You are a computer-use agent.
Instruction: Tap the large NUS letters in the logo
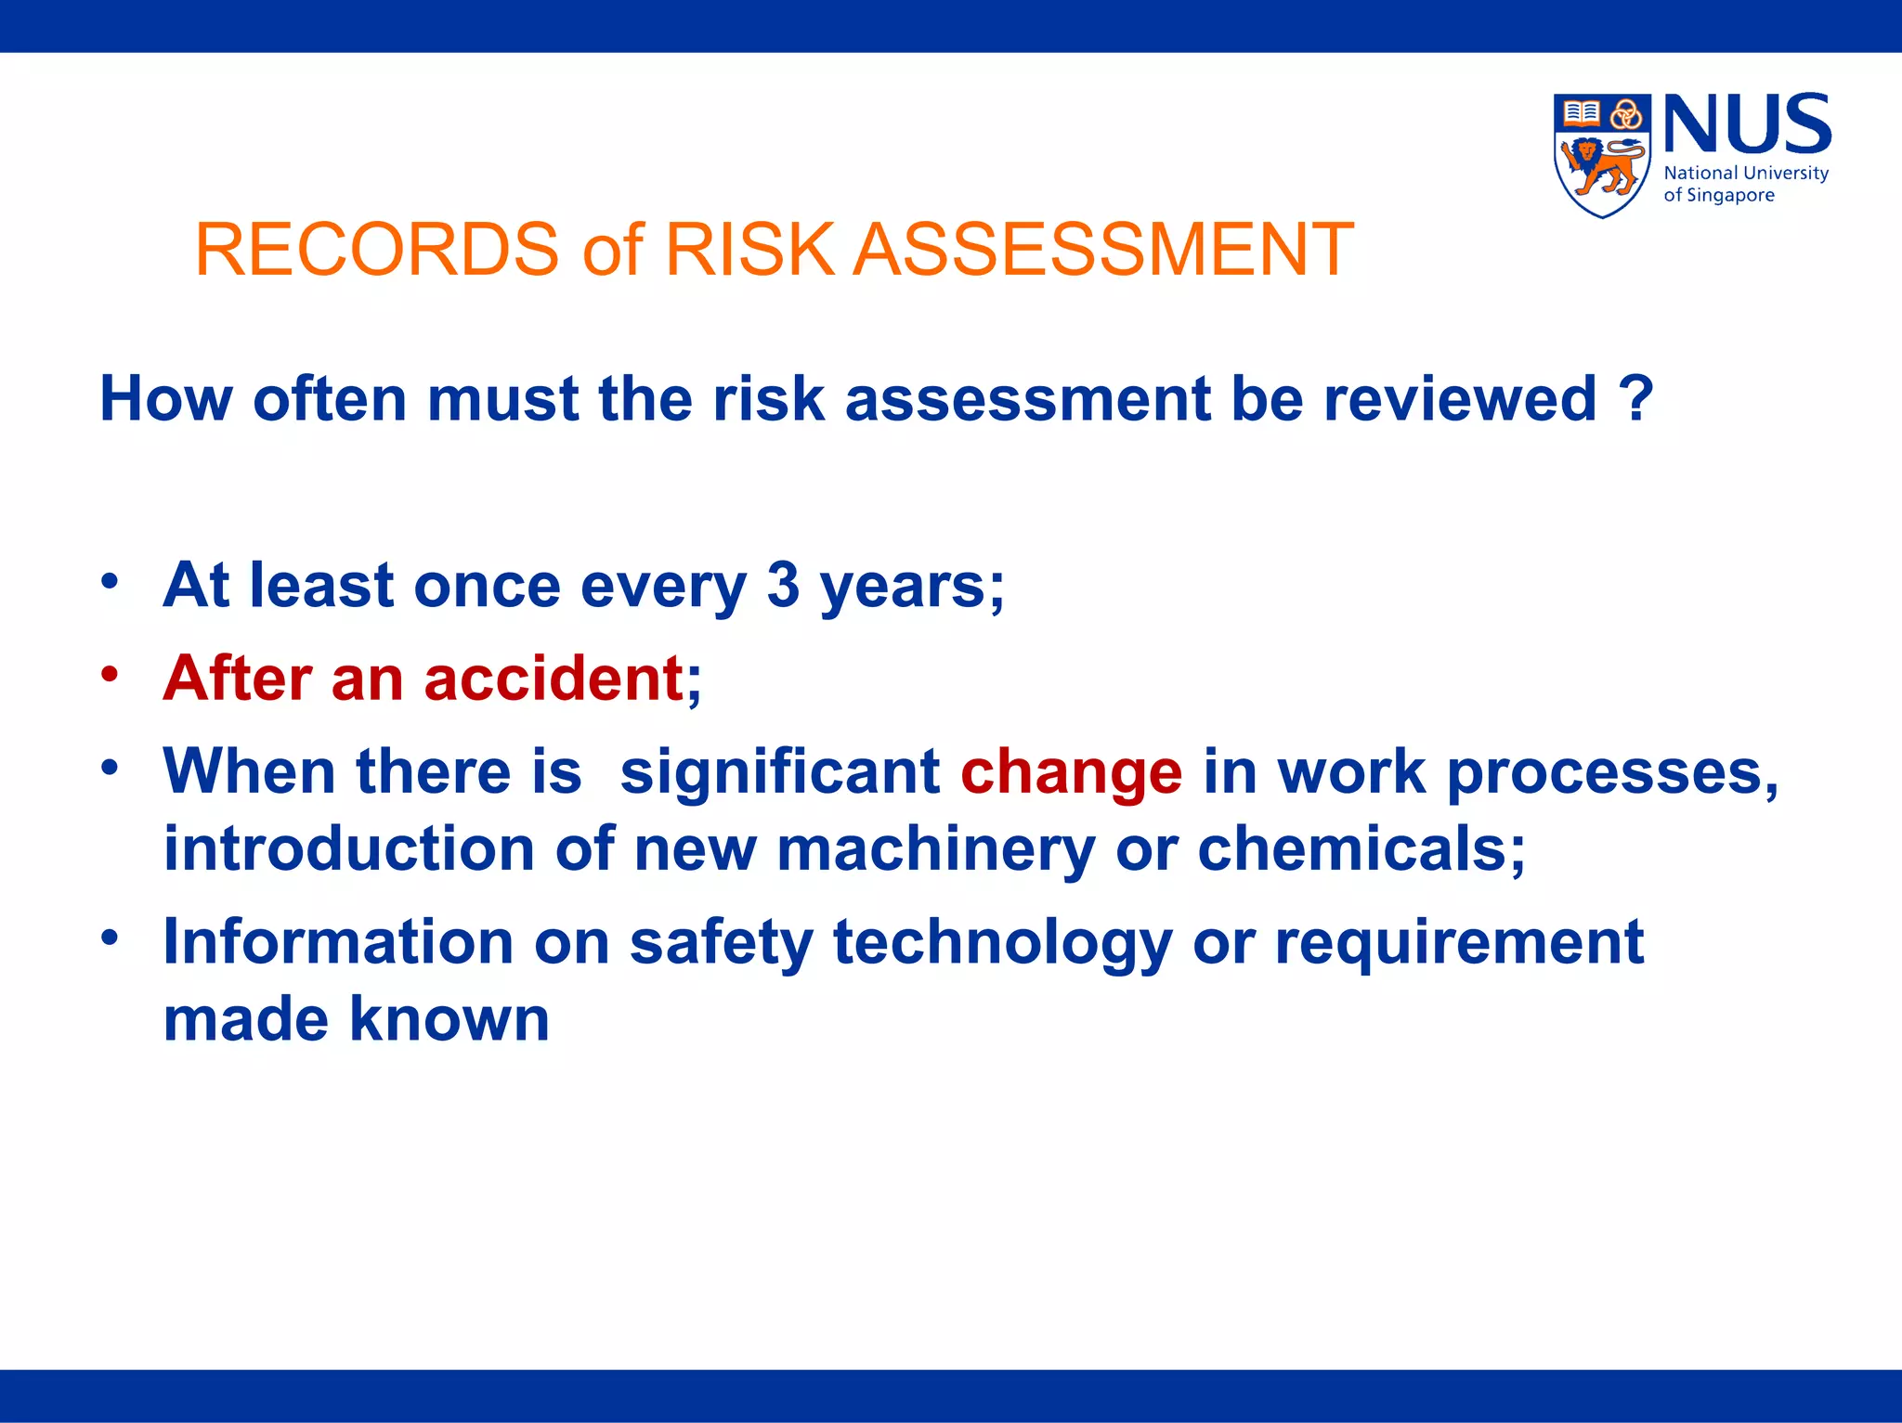coord(1746,124)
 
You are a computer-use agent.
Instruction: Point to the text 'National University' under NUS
coord(1745,174)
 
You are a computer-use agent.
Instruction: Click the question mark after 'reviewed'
coord(1635,399)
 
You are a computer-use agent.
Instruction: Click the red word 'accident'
coord(554,678)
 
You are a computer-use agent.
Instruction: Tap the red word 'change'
coord(1071,771)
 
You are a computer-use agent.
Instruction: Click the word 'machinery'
coord(935,849)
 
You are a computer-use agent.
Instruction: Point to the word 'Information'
coord(338,942)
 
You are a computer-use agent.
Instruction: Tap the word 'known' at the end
coord(449,1019)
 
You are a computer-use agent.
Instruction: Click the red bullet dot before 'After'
coord(111,675)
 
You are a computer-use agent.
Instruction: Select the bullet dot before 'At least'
coord(111,582)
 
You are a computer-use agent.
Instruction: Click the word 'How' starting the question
coord(165,399)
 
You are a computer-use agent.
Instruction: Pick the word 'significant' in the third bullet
coord(779,771)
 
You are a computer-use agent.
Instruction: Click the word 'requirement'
coord(1459,942)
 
